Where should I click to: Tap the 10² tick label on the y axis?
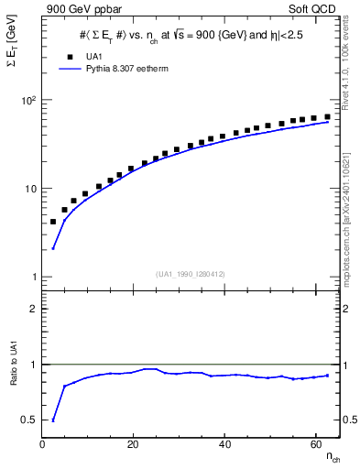(x=28, y=100)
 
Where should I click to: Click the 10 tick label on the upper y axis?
(x=30, y=189)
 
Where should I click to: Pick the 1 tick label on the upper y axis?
(x=33, y=277)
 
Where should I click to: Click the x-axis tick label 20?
(x=133, y=444)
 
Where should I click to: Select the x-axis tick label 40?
(x=224, y=444)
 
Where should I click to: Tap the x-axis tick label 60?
(x=315, y=444)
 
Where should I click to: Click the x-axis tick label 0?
(x=43, y=444)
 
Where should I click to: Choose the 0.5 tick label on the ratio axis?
(x=29, y=420)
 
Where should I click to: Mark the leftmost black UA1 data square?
(x=53, y=222)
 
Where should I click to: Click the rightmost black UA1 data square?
(x=327, y=116)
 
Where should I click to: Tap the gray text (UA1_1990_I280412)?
(x=191, y=274)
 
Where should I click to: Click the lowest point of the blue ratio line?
(x=53, y=420)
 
